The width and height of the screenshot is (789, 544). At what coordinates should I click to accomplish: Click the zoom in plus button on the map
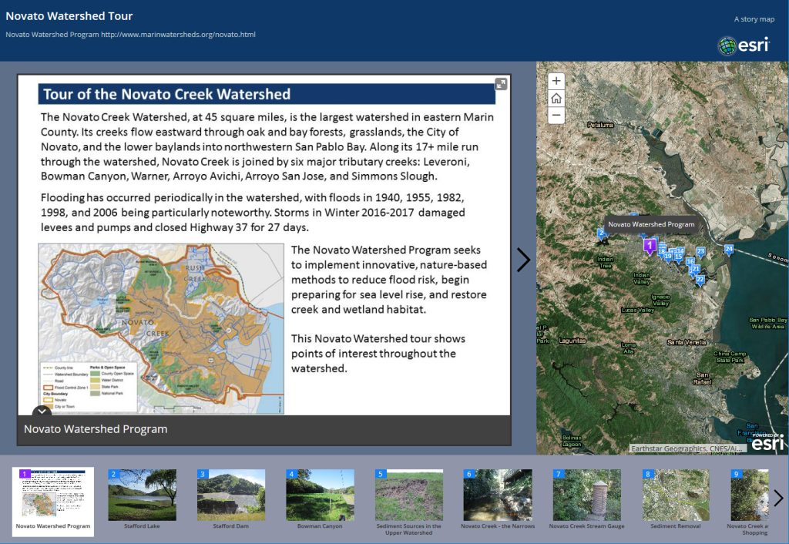point(556,81)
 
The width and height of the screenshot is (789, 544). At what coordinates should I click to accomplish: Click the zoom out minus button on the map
point(556,116)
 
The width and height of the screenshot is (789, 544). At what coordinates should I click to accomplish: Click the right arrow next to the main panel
point(523,260)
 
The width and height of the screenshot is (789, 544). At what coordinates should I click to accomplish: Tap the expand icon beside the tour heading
point(501,84)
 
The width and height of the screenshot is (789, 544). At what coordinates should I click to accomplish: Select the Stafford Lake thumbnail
point(142,495)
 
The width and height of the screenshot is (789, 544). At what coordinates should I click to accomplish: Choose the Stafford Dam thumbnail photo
point(230,495)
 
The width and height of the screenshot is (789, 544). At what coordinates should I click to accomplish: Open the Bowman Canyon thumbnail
point(320,495)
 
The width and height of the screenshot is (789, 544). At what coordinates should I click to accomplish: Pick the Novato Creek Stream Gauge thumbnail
point(586,495)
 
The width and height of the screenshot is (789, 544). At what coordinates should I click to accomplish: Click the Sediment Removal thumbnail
point(675,495)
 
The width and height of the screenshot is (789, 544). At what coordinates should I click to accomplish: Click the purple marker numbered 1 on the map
point(650,245)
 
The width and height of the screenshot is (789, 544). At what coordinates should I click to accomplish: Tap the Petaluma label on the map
point(599,124)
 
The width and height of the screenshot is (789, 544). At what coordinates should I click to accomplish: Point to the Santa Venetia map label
point(686,341)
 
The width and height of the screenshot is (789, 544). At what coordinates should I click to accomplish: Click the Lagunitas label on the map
point(572,341)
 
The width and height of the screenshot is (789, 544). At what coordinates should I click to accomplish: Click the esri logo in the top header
point(744,45)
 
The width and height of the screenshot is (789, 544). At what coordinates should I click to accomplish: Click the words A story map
point(754,19)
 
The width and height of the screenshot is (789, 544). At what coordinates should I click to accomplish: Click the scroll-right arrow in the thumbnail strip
point(778,498)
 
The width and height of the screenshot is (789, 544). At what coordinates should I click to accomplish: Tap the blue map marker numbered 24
point(728,249)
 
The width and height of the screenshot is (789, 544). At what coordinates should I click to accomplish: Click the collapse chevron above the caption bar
point(42,412)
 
